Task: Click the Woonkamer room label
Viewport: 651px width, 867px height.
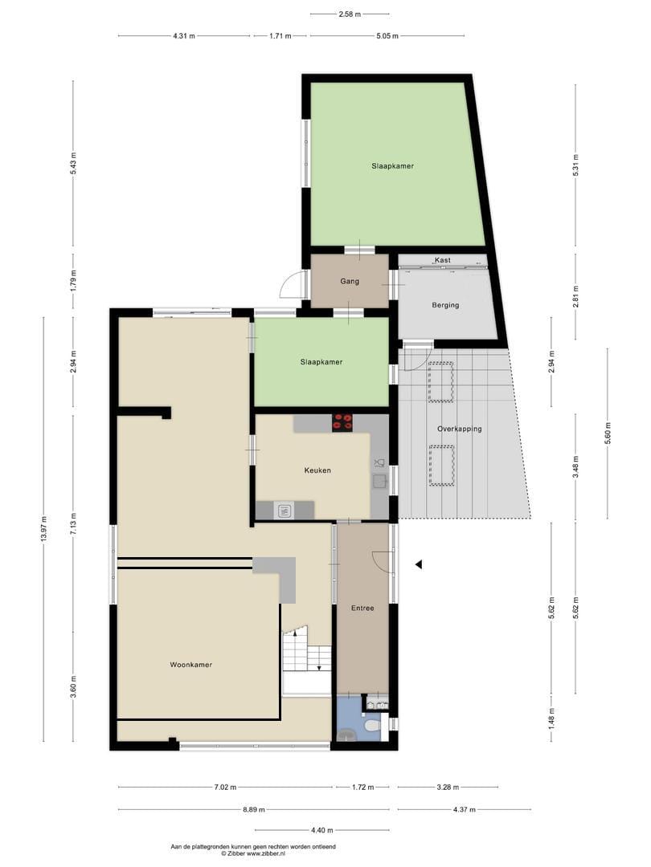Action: click(191, 665)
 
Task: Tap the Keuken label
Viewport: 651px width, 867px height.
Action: click(317, 470)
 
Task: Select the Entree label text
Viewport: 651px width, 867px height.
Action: click(362, 609)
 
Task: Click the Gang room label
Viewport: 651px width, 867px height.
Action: click(349, 282)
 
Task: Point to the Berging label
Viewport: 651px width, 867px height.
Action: click(445, 306)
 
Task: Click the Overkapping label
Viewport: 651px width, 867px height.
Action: click(459, 429)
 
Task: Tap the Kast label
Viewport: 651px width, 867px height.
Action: click(442, 260)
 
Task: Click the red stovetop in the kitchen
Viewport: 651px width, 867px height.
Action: click(342, 422)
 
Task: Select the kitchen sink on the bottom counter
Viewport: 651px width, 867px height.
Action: click(284, 509)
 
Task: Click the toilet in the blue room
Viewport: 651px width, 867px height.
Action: click(371, 726)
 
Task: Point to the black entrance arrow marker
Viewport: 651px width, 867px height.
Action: click(418, 565)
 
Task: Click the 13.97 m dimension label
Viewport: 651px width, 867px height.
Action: click(43, 530)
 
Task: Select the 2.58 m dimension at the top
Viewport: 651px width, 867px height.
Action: click(350, 14)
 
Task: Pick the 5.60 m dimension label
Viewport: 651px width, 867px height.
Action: click(608, 434)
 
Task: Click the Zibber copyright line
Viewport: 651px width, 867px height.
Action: click(253, 854)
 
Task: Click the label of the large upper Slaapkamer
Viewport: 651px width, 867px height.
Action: click(392, 166)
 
